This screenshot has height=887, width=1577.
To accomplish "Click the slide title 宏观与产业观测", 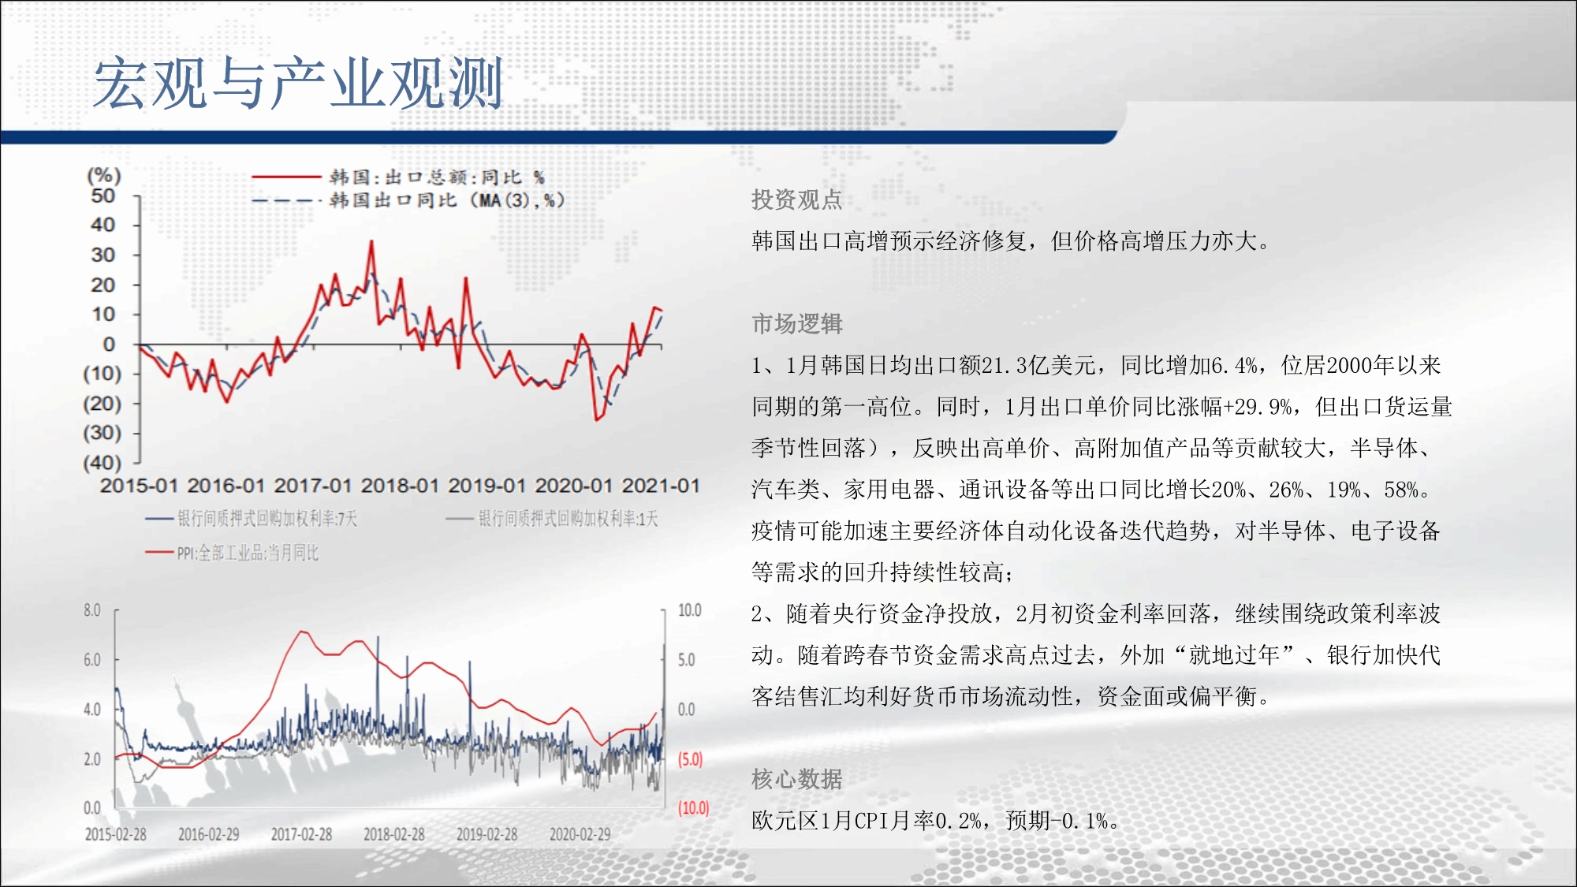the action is click(x=298, y=83).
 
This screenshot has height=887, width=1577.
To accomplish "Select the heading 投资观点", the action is click(x=796, y=199).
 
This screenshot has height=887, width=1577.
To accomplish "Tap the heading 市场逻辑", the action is click(x=796, y=323).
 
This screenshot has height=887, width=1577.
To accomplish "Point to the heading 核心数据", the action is click(x=796, y=779).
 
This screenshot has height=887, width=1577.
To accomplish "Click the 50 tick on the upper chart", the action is click(x=103, y=196).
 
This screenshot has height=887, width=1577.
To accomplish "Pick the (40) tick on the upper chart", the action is click(x=103, y=463).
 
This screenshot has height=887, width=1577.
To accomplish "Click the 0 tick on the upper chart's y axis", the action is click(x=110, y=344).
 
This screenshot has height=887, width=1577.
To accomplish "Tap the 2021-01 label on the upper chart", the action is click(x=661, y=486).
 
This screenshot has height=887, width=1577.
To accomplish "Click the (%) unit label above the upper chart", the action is click(x=103, y=175).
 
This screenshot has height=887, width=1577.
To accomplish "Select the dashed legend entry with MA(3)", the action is click(x=408, y=200).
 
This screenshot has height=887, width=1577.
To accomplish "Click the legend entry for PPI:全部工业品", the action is click(x=233, y=553).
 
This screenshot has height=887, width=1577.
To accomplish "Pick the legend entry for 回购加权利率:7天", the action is click(x=252, y=518).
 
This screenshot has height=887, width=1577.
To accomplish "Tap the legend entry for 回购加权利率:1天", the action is click(x=552, y=518).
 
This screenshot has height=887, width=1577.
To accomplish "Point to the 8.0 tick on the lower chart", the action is click(x=92, y=610).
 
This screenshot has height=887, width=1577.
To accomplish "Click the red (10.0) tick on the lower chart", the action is click(x=694, y=808).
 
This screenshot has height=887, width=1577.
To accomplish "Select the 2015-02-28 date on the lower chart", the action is click(x=116, y=834).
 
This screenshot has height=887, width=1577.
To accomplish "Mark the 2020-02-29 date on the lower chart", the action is click(x=580, y=834).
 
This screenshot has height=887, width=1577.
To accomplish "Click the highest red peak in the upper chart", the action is click(x=371, y=242).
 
